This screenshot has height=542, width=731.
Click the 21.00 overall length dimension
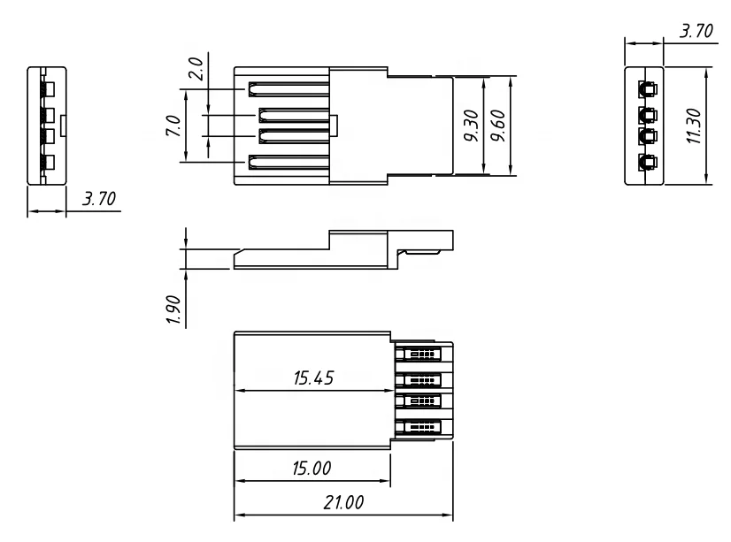point(343,503)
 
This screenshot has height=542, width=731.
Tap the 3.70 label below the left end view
point(98,198)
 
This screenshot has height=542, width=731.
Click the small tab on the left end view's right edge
point(64,126)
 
